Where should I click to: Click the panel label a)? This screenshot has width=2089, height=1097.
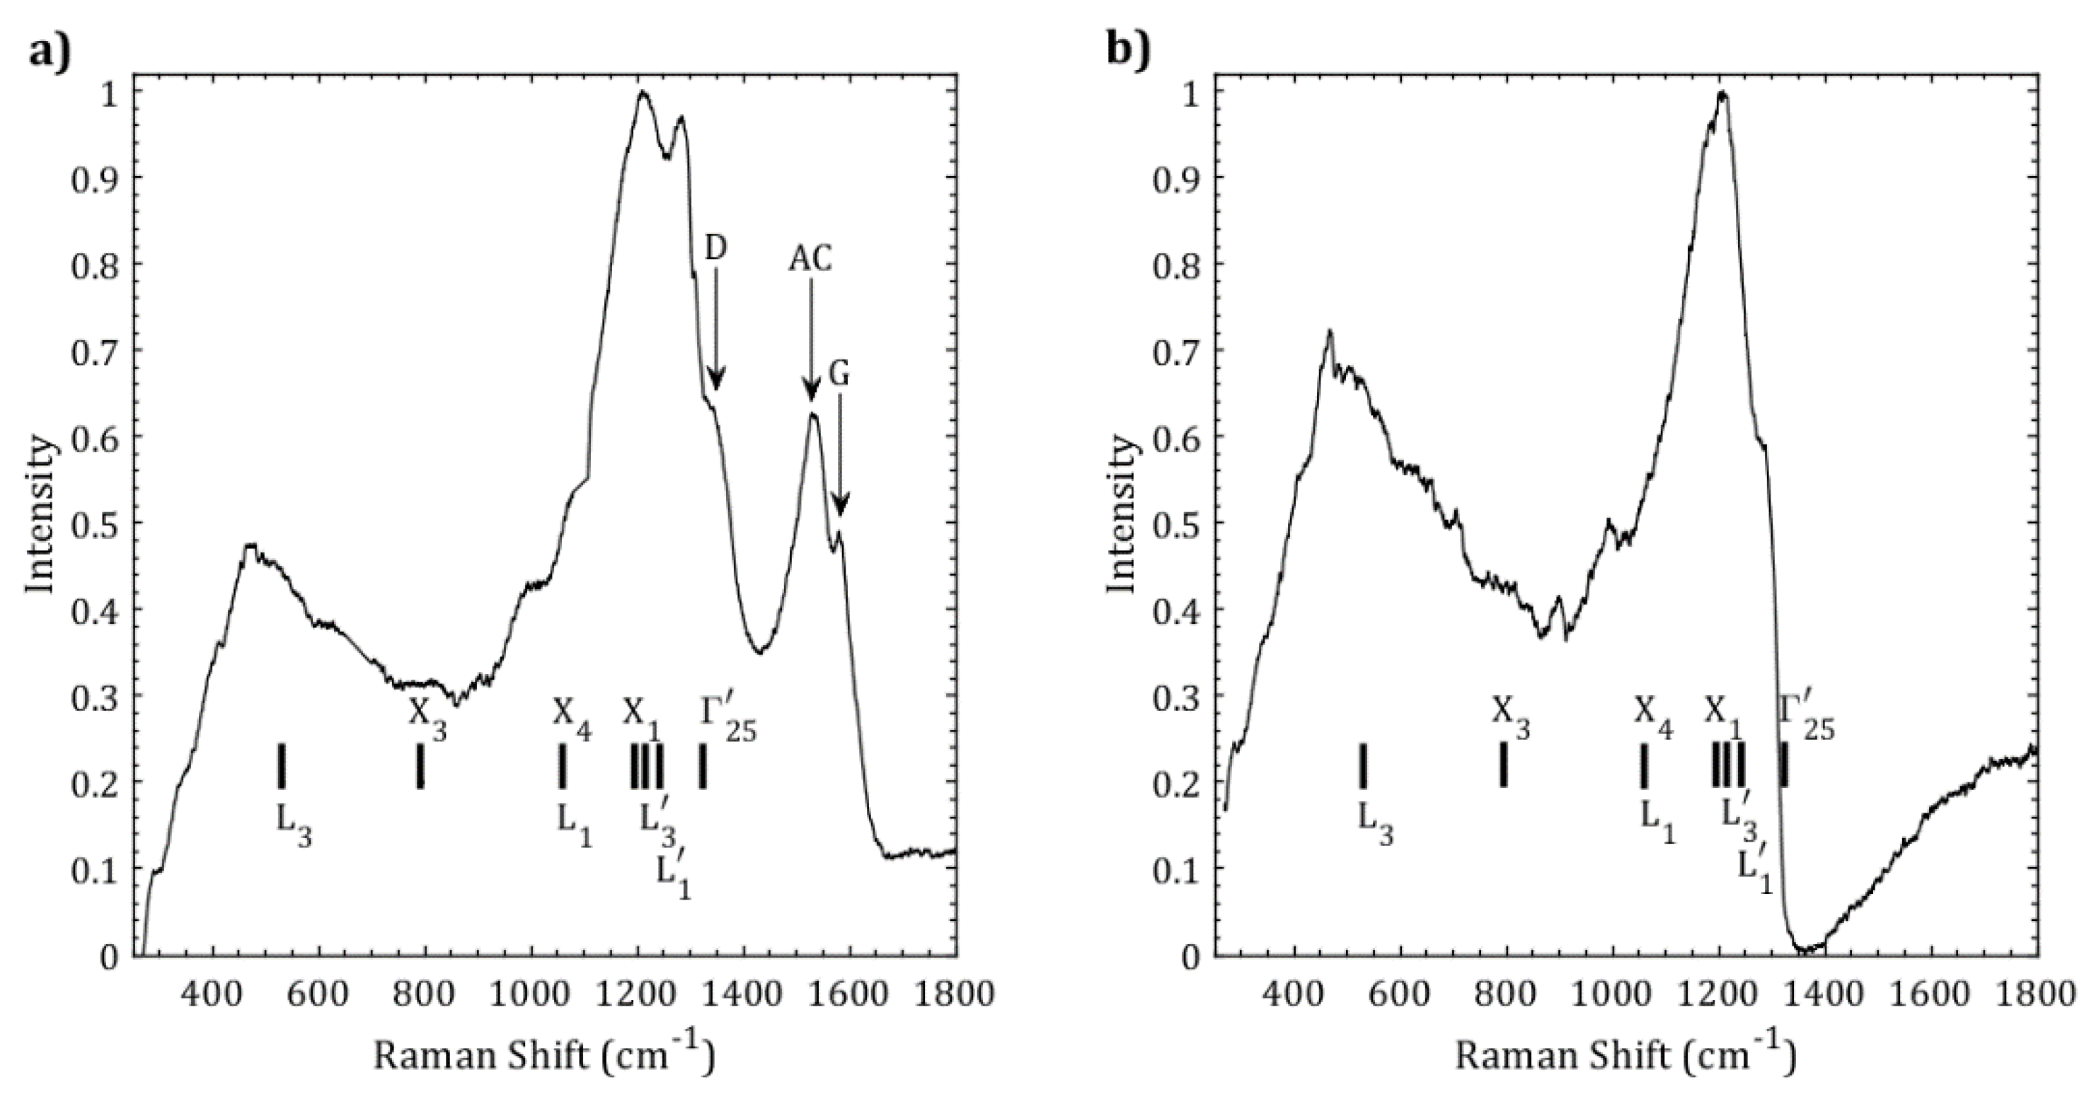click(x=50, y=54)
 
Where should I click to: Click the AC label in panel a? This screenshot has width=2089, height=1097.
click(x=810, y=260)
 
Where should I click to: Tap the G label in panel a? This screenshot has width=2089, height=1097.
click(x=839, y=375)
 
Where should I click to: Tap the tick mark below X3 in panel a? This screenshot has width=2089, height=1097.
click(x=420, y=765)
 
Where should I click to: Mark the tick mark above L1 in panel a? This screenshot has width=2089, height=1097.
click(x=561, y=765)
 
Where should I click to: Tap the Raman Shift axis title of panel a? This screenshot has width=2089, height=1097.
click(x=543, y=1057)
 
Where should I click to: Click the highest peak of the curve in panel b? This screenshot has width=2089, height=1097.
click(x=1723, y=117)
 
